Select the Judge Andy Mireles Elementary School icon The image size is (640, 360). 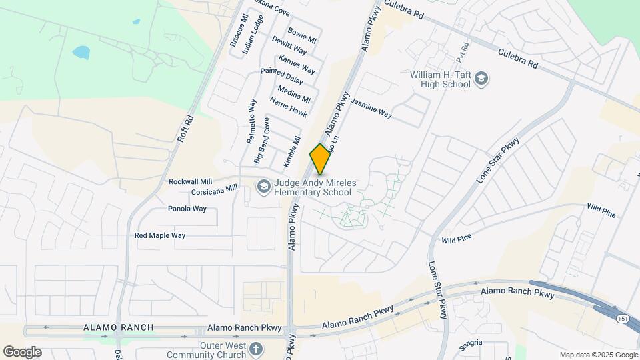[x=263, y=187]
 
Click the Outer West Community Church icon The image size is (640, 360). [x=256, y=349]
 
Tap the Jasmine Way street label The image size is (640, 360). [x=371, y=109]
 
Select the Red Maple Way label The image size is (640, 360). [x=160, y=235]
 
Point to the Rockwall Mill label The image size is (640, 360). [x=190, y=181]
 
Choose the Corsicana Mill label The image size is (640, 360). [x=214, y=190]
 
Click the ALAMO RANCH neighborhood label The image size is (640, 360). [x=119, y=327]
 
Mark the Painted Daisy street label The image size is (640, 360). [x=281, y=76]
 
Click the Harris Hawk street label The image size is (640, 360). [x=288, y=107]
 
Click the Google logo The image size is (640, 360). [x=22, y=351]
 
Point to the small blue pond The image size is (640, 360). [x=81, y=52]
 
